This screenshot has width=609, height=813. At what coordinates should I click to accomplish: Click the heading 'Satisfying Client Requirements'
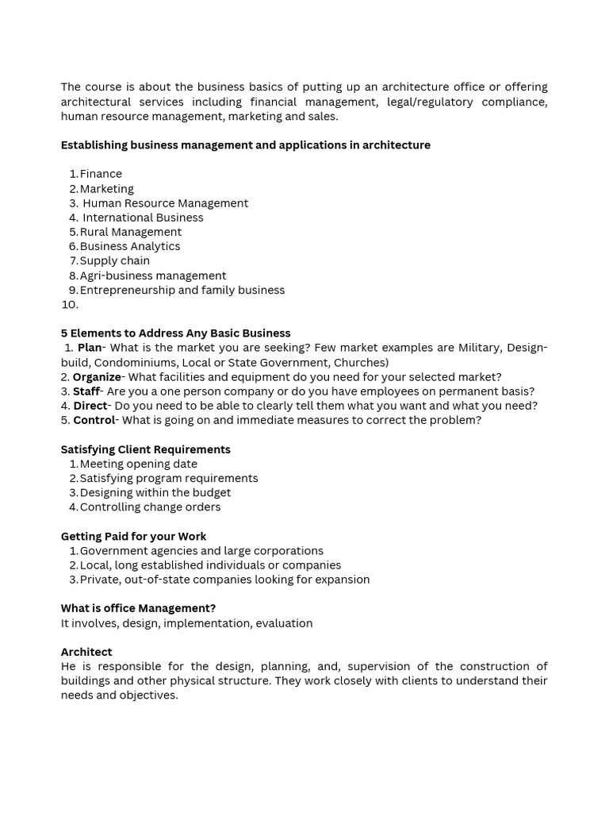(145, 449)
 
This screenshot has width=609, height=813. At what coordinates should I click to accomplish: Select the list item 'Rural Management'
(130, 232)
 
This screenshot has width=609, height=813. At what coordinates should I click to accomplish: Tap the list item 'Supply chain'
(114, 260)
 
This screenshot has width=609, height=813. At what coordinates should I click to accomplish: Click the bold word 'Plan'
(90, 348)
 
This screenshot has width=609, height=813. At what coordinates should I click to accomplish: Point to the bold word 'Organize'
(97, 377)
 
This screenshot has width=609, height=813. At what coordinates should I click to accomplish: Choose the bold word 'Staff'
(86, 391)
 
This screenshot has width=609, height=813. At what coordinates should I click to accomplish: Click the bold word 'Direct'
(90, 406)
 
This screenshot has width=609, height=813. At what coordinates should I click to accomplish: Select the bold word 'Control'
(94, 420)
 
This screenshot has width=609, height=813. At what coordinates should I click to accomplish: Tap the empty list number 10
(70, 304)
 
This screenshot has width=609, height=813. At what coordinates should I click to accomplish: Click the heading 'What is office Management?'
(138, 608)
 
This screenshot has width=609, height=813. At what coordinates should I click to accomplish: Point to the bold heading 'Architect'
(86, 652)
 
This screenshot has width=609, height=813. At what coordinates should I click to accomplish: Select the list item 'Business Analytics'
(129, 246)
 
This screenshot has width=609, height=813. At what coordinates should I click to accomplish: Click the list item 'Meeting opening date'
(138, 464)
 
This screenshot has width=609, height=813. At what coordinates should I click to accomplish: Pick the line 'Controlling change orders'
(150, 507)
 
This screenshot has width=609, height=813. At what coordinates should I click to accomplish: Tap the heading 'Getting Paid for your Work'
(133, 536)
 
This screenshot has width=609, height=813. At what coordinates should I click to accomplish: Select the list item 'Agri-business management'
(152, 275)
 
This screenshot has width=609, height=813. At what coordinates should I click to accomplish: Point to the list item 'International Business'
(143, 218)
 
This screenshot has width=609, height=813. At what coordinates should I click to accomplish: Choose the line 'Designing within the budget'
(155, 492)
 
